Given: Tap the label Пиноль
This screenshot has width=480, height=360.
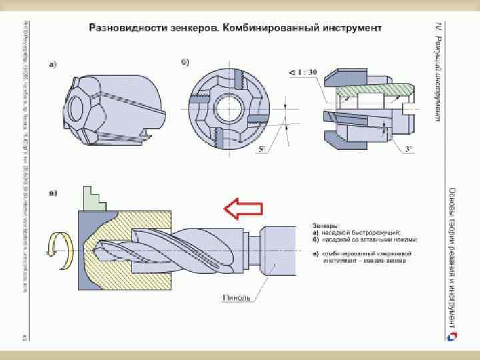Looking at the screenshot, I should tap(235, 298).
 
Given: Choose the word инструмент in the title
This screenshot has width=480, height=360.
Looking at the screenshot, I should tap(350, 29).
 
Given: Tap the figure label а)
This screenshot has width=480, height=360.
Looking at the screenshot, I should tap(52, 64).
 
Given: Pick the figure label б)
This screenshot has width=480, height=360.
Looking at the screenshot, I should tap(185, 63).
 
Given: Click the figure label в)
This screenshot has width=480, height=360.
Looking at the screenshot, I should tap(52, 193).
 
